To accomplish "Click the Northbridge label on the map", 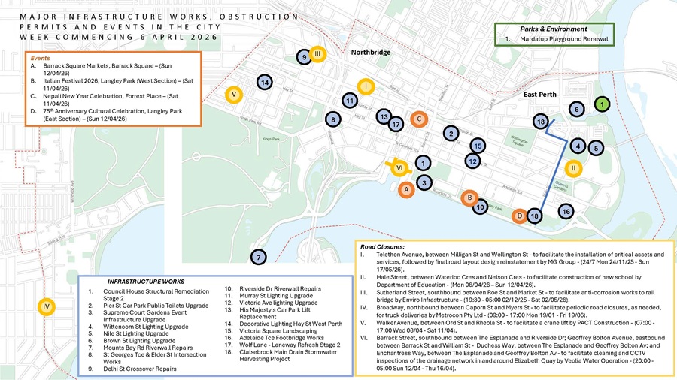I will (x=371, y=53).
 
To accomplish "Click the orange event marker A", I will (x=405, y=191).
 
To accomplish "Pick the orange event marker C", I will (x=420, y=118).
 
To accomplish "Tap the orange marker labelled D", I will (x=519, y=216).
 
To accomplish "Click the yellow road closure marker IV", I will (x=46, y=306).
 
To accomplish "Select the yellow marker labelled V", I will (x=234, y=95).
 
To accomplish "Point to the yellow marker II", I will (x=573, y=168).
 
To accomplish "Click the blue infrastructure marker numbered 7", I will (x=258, y=258).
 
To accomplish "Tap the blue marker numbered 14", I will (x=264, y=81).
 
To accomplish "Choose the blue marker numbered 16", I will (x=565, y=212).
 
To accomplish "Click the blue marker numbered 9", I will (x=302, y=56).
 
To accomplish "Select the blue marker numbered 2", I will (x=450, y=133).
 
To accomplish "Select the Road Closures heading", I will (x=383, y=246).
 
